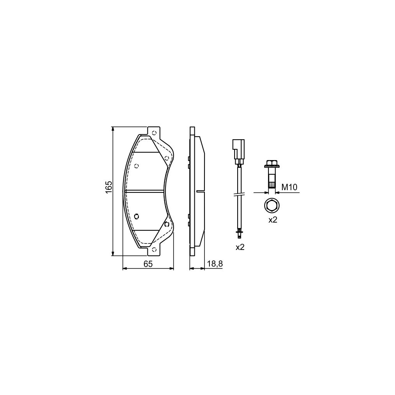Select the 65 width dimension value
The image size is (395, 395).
(148, 264)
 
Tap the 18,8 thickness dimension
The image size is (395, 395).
(215, 264)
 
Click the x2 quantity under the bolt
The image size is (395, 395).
(273, 220)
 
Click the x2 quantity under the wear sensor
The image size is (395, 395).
(240, 247)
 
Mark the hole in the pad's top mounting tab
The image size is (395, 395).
(154, 133)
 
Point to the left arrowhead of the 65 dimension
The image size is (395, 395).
(125, 268)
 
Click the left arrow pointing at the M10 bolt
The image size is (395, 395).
(265, 192)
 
